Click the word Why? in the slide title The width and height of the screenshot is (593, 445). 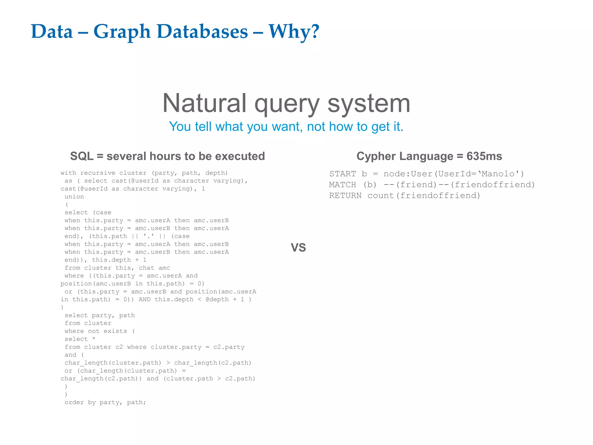(294, 31)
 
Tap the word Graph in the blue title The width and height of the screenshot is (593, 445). (122, 31)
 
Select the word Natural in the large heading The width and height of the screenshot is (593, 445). (204, 103)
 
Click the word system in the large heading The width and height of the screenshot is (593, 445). (369, 103)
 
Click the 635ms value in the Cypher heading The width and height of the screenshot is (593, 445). (484, 156)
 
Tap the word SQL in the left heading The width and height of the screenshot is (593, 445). (82, 156)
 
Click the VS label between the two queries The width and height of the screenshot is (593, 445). (298, 247)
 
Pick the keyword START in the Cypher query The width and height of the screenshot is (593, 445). (343, 174)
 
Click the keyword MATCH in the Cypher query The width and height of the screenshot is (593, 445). (343, 185)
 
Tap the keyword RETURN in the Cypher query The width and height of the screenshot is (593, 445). (345, 196)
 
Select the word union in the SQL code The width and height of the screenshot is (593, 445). (74, 197)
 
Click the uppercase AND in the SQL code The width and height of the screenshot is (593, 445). (145, 300)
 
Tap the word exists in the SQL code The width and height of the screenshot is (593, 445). (115, 331)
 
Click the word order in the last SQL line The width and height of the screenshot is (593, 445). (74, 402)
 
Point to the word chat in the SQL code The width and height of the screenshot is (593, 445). (147, 268)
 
